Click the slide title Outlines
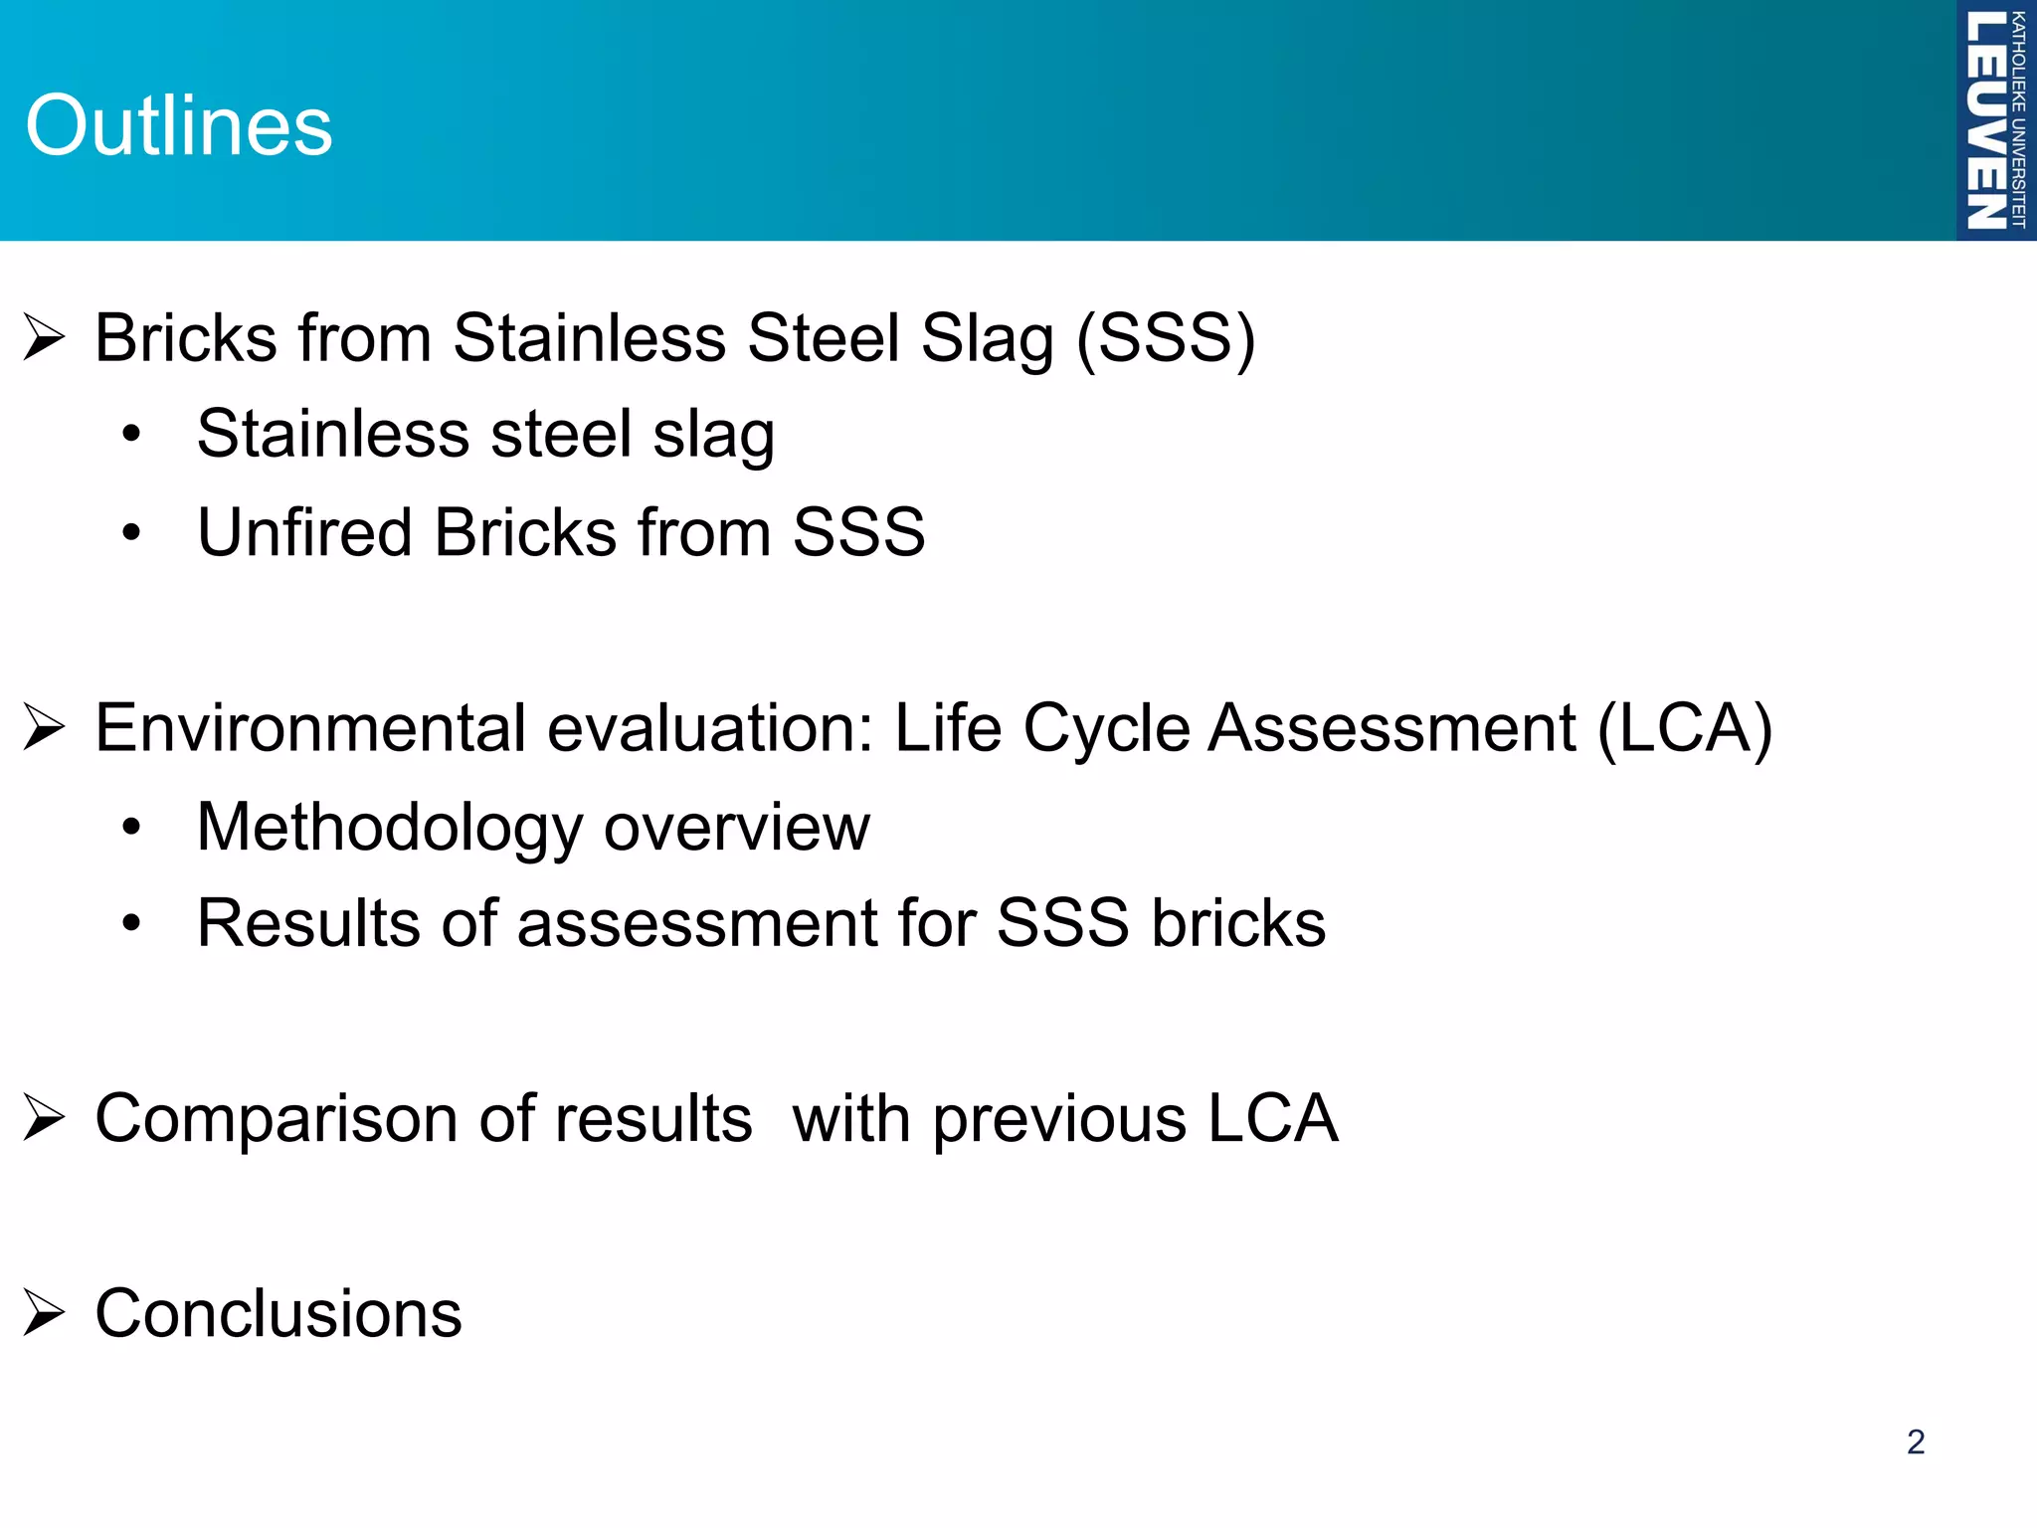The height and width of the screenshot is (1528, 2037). tap(179, 126)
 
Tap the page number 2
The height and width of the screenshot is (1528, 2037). tap(1916, 1441)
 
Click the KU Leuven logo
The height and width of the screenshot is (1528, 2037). tap(1995, 119)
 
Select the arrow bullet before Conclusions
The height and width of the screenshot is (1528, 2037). tap(45, 1313)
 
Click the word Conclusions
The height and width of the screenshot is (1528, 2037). tap(278, 1313)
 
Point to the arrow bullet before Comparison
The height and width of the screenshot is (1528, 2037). tap(45, 1118)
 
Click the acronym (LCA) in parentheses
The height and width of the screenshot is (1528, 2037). tap(1685, 728)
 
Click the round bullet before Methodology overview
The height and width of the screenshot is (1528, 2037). tap(131, 828)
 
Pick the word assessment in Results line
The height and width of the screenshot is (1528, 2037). tap(696, 923)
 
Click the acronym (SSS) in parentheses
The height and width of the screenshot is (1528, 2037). tap(1166, 338)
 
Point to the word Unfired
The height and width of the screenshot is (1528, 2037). tap(304, 532)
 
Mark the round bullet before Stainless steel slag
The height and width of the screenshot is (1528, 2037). tap(131, 435)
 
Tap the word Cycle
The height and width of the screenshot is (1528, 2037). tap(1106, 728)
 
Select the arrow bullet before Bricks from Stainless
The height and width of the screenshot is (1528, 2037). tap(45, 338)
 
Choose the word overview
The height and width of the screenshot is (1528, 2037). tap(736, 828)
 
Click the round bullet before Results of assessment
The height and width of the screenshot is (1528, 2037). tap(131, 924)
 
